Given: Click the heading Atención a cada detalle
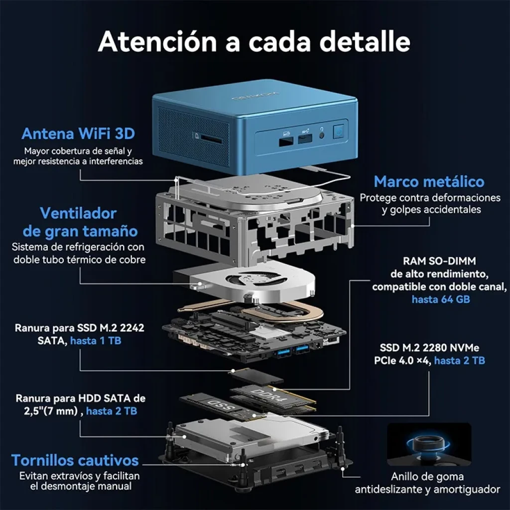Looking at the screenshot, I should pos(254,42).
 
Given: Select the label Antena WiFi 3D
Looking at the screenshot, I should pos(78,133).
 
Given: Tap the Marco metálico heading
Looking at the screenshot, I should pos(429,181).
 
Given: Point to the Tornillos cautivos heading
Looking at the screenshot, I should pos(75,460).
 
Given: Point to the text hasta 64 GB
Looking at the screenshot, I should pos(440,299).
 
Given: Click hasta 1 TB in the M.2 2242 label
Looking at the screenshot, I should pos(96,341).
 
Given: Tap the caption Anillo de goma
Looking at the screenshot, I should pos(427,477).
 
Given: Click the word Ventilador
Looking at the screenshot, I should pos(78,213).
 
